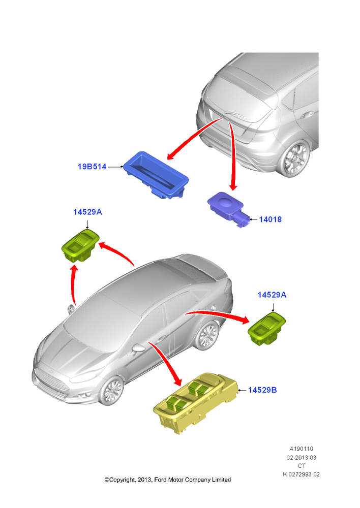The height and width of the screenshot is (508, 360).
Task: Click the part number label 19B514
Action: [92, 167]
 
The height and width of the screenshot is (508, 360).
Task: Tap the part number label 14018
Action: [271, 219]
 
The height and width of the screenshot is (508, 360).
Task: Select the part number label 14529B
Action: [262, 390]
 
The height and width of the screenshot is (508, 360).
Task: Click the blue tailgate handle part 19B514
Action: [156, 175]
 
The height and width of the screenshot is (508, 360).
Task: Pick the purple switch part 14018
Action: [228, 209]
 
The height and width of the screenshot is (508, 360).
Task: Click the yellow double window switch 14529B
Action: [196, 402]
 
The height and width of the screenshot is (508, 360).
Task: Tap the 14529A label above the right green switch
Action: [272, 295]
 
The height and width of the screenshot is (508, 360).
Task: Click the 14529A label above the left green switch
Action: [87, 212]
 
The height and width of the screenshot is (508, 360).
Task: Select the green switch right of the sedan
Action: [266, 329]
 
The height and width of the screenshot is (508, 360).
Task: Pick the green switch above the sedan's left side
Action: [80, 245]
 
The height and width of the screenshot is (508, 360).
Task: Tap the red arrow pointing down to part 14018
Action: [232, 155]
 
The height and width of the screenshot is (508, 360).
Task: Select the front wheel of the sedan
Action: [111, 390]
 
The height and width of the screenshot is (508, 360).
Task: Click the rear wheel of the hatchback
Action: [294, 158]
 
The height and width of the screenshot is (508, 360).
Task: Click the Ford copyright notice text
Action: [168, 480]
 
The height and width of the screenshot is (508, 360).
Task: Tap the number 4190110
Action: [302, 449]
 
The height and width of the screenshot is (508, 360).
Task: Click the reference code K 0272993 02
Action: [302, 474]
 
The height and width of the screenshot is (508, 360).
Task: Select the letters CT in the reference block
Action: [302, 466]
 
